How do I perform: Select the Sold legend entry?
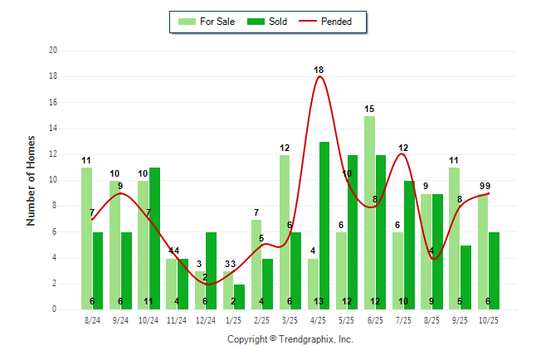click(x=270, y=22)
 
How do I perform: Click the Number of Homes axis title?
click(x=31, y=180)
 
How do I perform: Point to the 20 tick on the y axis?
click(x=53, y=51)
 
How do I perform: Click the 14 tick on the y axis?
click(x=53, y=129)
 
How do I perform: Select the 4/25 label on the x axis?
click(x=319, y=320)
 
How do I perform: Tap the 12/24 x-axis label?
click(x=205, y=320)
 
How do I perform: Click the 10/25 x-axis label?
click(x=489, y=320)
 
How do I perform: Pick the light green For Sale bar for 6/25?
click(x=369, y=212)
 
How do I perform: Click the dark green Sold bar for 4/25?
click(x=324, y=226)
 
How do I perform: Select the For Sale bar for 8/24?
click(x=86, y=238)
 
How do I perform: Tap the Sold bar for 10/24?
click(x=154, y=238)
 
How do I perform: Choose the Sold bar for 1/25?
click(x=240, y=296)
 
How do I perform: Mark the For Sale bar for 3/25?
click(x=285, y=232)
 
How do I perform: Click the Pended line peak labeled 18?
click(x=319, y=77)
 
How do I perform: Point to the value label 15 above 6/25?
click(x=369, y=109)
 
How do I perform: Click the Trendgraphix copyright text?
click(x=290, y=339)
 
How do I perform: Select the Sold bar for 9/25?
click(x=466, y=277)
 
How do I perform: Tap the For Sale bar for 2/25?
click(x=256, y=264)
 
